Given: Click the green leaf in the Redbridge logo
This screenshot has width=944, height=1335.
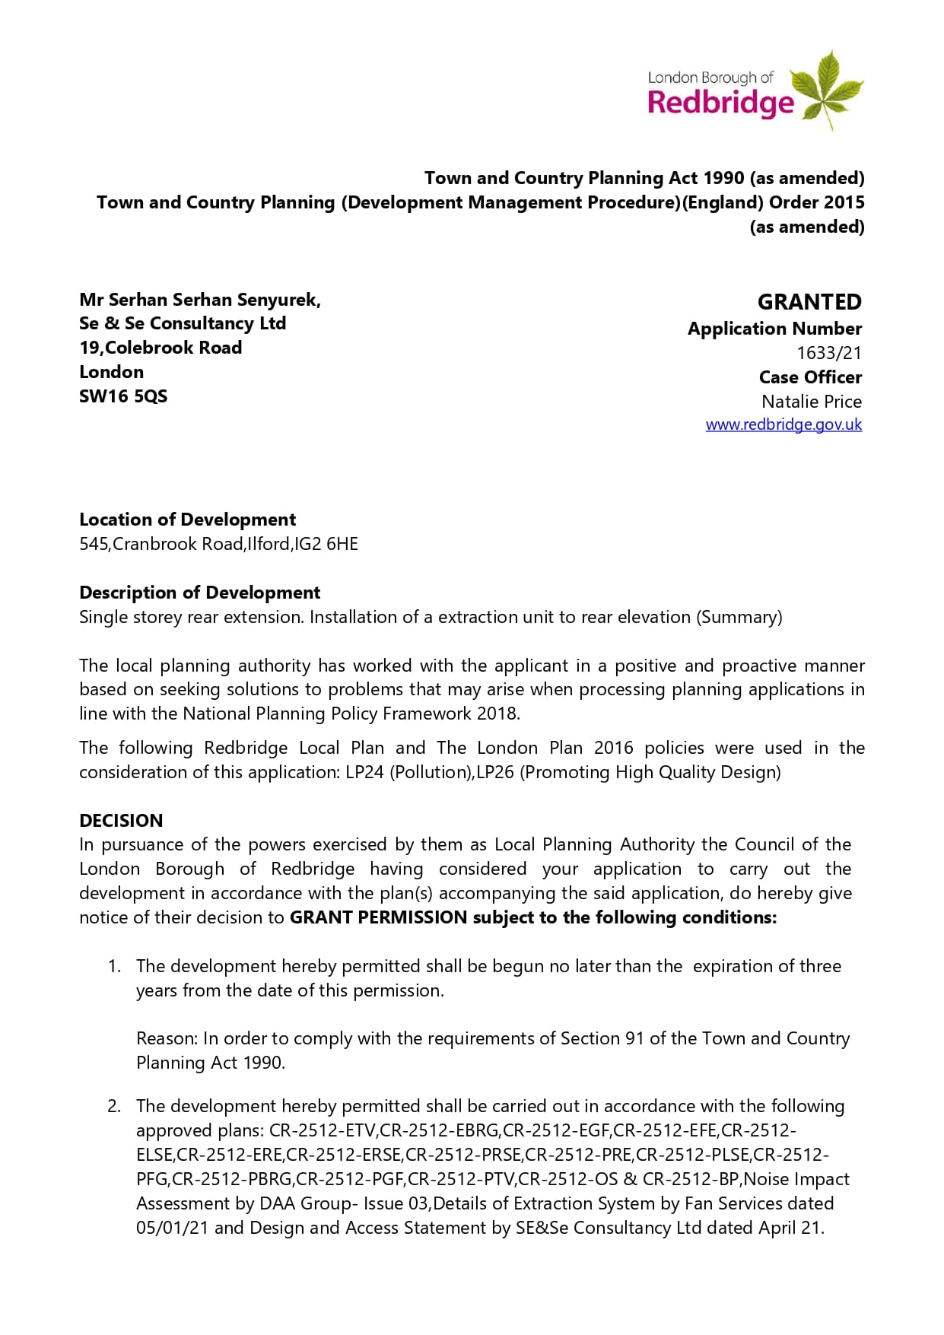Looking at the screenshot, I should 825,88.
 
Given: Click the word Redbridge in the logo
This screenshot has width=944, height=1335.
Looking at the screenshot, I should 720,102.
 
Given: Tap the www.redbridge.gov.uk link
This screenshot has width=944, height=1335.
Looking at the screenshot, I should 783,424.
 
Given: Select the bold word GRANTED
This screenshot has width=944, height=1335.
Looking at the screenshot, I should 809,302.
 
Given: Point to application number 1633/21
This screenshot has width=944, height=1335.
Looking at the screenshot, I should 829,353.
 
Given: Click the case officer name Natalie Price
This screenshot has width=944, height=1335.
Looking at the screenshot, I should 812,402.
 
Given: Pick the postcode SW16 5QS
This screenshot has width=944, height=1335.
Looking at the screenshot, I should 123,396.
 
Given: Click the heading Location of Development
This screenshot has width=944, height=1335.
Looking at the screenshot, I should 187,520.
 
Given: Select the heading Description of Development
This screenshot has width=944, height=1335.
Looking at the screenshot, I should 199,593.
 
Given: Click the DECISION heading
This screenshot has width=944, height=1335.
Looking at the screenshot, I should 121,821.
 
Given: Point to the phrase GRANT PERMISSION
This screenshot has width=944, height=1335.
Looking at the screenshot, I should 378,917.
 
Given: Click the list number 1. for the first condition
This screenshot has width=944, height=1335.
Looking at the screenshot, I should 114,966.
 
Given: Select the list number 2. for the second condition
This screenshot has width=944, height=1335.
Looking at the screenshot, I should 114,1106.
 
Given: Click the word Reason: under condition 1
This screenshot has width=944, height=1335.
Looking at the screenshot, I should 167,1039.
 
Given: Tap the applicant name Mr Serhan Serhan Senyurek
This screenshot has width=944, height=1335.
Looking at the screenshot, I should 199,300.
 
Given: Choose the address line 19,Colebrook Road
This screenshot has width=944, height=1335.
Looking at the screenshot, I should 161,348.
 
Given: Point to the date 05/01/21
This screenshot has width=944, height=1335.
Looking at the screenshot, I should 172,1228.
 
